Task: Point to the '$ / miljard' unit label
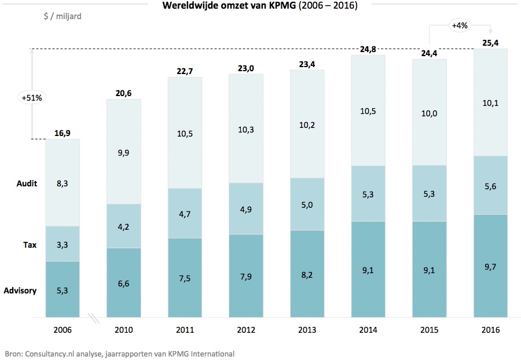point(62,16)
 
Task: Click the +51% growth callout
point(32,98)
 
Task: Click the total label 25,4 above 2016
point(490,42)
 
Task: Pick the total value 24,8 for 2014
point(368,49)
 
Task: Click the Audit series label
point(27,183)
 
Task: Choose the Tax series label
point(30,245)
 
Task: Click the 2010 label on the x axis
point(123,330)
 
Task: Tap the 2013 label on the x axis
point(307,330)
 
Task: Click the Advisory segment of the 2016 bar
point(490,266)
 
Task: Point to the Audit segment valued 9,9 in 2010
point(123,152)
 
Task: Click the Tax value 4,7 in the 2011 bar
point(185,213)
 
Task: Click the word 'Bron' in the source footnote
point(13,353)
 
